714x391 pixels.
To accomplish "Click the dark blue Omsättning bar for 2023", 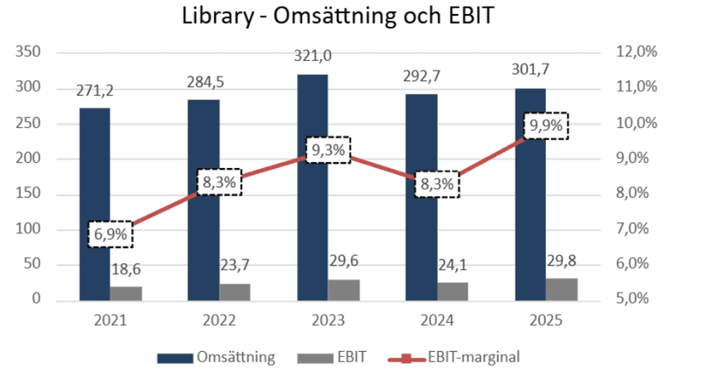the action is pyautogui.click(x=313, y=187).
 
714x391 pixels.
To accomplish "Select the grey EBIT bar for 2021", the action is pyautogui.click(x=125, y=293).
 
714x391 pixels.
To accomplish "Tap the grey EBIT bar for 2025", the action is pyautogui.click(x=562, y=289).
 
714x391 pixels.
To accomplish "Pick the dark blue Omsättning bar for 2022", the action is pyautogui.click(x=204, y=200).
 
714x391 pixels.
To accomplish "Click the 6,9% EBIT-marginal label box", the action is pyautogui.click(x=111, y=234).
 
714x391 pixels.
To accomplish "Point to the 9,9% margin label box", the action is pyautogui.click(x=546, y=125).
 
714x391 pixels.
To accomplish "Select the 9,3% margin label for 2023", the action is pyautogui.click(x=328, y=150).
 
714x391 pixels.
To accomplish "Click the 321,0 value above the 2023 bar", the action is pyautogui.click(x=313, y=56).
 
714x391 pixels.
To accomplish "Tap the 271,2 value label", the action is pyautogui.click(x=95, y=91).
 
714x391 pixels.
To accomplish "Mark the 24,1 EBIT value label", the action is pyautogui.click(x=452, y=265).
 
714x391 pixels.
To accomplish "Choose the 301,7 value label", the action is pyautogui.click(x=530, y=70).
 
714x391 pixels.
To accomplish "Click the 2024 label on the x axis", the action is pyautogui.click(x=437, y=320).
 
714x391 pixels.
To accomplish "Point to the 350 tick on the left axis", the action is pyautogui.click(x=28, y=52).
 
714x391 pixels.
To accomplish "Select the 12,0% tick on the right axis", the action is pyautogui.click(x=637, y=51).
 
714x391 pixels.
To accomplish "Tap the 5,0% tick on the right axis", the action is pyautogui.click(x=632, y=299).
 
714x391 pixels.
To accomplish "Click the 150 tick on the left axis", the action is pyautogui.click(x=28, y=193).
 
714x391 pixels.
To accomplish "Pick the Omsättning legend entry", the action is pyautogui.click(x=216, y=357).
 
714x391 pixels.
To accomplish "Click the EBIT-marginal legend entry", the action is pyautogui.click(x=454, y=357).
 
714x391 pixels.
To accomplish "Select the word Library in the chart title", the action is pyautogui.click(x=218, y=17).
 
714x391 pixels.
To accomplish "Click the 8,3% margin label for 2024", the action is pyautogui.click(x=437, y=185).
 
